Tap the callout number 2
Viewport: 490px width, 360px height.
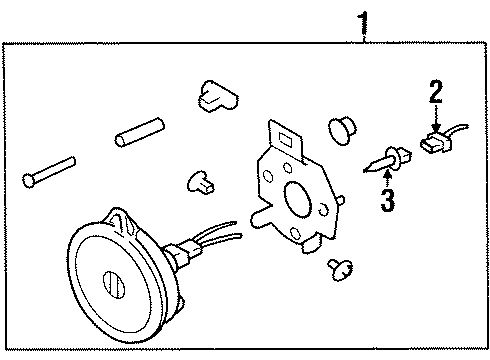tap(435, 94)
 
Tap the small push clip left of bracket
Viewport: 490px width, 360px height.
tap(201, 181)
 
